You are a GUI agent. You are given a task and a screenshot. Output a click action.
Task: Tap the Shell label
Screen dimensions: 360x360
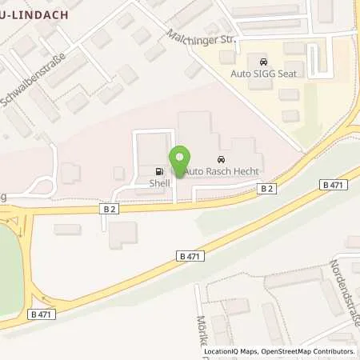159,181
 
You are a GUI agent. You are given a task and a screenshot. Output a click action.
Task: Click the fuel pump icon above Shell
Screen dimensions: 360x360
159,170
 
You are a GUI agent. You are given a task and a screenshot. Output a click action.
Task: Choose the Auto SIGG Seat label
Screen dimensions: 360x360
262,73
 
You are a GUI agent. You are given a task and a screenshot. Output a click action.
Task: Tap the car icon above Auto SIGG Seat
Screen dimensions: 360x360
261,61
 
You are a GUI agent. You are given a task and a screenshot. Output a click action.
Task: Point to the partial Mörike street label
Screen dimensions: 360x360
201,328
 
